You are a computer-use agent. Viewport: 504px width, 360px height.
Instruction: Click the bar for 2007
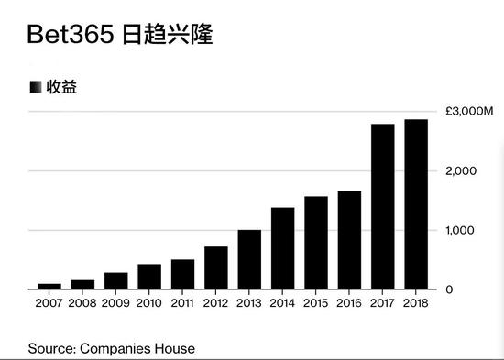(x=49, y=286)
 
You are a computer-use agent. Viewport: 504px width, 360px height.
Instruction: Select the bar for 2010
(x=149, y=277)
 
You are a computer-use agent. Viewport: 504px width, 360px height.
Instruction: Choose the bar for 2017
(x=383, y=206)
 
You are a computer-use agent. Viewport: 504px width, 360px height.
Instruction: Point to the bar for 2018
(x=416, y=204)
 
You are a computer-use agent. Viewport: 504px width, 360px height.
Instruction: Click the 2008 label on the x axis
(x=82, y=304)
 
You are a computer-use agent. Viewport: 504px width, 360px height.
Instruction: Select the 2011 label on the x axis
(x=182, y=304)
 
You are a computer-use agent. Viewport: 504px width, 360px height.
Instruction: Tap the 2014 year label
(x=282, y=304)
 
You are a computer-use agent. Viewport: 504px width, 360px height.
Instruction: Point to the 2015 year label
(x=316, y=304)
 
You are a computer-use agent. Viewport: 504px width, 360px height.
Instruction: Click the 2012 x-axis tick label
(x=216, y=304)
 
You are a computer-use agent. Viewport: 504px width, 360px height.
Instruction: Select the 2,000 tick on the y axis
(x=463, y=171)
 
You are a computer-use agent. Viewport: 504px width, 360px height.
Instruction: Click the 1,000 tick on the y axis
(x=463, y=230)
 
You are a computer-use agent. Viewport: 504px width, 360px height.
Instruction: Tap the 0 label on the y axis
(x=449, y=289)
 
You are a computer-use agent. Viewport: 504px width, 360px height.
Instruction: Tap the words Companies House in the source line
(x=137, y=348)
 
